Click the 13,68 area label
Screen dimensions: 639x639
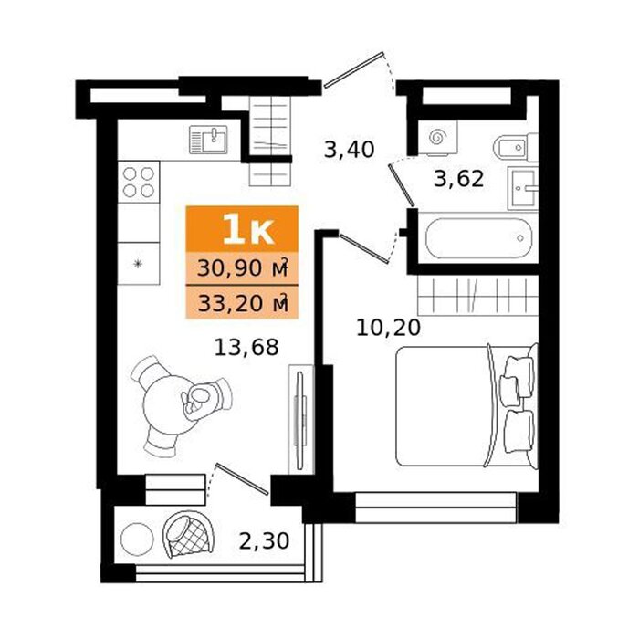click(x=246, y=348)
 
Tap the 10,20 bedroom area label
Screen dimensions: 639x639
click(x=388, y=327)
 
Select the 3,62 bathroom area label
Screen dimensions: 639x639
click(x=459, y=179)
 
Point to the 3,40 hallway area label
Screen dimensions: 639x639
click(x=350, y=149)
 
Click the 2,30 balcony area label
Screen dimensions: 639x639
click(x=264, y=540)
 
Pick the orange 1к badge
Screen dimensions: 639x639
click(x=242, y=229)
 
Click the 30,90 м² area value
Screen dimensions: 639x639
click(x=243, y=268)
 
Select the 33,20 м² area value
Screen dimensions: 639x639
click(x=243, y=303)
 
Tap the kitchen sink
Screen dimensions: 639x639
click(x=209, y=140)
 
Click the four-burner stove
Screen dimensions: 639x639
click(x=139, y=183)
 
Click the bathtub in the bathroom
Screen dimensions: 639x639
click(x=479, y=238)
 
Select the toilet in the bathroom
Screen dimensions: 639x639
click(x=516, y=147)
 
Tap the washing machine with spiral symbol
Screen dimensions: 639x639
click(x=437, y=137)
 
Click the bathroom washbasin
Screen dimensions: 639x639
click(x=523, y=188)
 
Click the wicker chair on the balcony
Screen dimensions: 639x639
click(x=188, y=534)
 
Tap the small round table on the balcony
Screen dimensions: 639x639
click(x=137, y=539)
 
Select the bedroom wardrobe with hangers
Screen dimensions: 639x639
click(x=478, y=296)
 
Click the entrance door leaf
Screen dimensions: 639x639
click(x=354, y=69)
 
